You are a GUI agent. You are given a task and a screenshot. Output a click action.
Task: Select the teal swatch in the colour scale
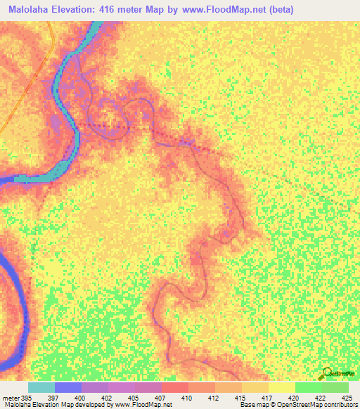point(41,387)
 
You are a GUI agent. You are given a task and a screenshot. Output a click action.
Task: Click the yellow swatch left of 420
point(282,387)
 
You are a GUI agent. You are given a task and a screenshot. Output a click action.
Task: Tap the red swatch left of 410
point(175,387)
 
